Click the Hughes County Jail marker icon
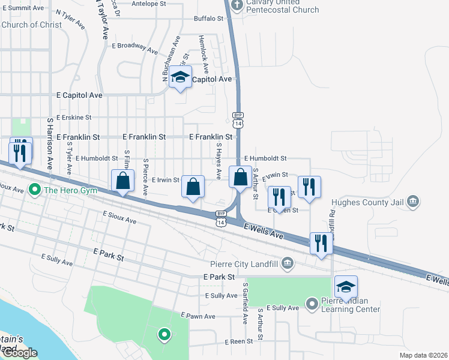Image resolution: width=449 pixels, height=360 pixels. (x=412, y=201)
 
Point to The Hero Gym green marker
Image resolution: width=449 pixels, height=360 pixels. (x=35, y=191)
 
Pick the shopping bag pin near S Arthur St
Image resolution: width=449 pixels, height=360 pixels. (x=240, y=178)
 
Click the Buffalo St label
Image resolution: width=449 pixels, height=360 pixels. (x=208, y=19)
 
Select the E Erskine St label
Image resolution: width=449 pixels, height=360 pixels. (x=73, y=118)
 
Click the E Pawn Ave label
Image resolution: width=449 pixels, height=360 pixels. (x=197, y=316)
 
